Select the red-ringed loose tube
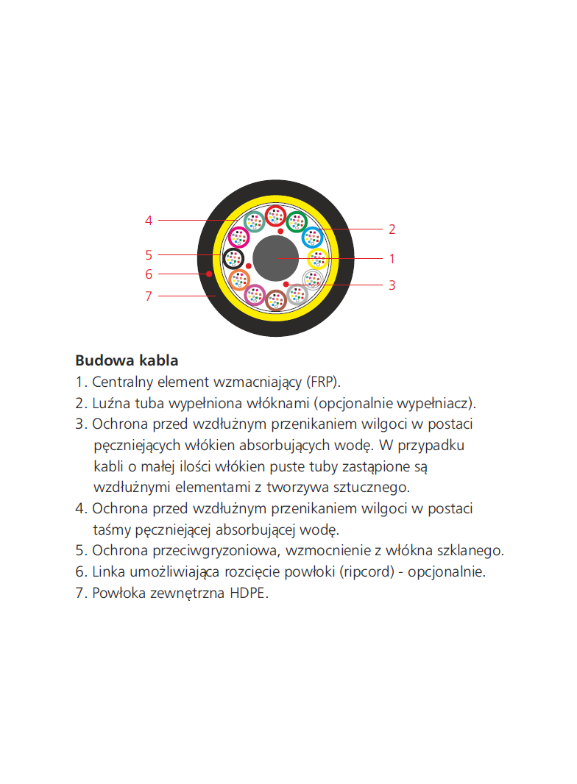[x=276, y=216]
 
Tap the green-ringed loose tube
[x=297, y=221]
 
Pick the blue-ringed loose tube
[x=312, y=237]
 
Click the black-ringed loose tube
[x=233, y=258]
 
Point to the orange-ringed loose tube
[x=239, y=279]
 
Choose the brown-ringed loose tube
[x=275, y=300]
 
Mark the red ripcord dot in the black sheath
[x=209, y=274]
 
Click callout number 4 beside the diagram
[x=149, y=220]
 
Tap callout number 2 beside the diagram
[x=392, y=229]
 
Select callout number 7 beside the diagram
[x=149, y=296]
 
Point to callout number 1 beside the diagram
[x=392, y=259]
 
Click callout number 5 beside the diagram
[x=149, y=255]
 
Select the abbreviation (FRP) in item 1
[x=323, y=382]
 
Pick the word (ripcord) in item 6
[x=367, y=571]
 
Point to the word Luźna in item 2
[x=110, y=403]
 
